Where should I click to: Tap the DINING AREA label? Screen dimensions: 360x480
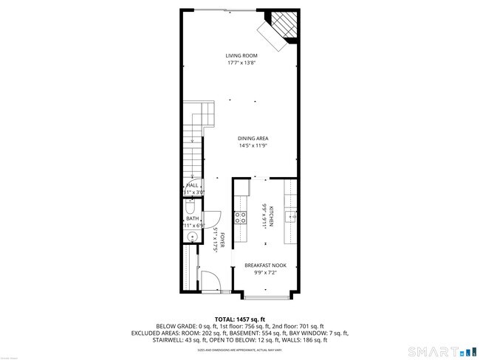coord(253,138)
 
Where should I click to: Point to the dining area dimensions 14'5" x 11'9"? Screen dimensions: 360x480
coord(253,145)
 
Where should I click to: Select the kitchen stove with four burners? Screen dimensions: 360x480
coord(240,217)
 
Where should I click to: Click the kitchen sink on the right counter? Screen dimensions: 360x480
coord(291,216)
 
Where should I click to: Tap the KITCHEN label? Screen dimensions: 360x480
coord(271,215)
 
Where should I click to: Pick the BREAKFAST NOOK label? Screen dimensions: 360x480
coord(266,265)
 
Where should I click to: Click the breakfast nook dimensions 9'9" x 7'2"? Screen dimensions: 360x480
coord(266,272)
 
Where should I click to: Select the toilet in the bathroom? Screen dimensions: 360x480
coord(189,207)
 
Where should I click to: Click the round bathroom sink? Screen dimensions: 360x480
coord(191,237)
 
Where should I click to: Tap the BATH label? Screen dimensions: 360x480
coord(192,218)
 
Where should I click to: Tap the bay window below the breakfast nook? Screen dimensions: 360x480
coord(266,297)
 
